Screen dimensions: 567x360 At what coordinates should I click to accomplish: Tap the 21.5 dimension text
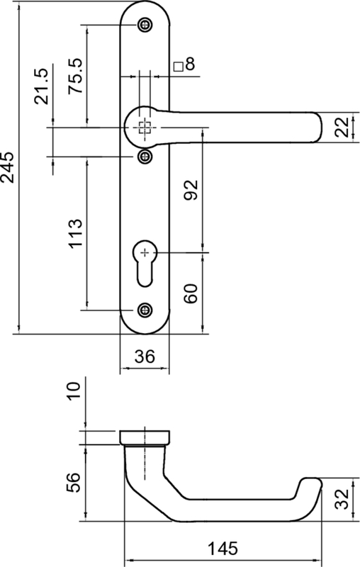coord(40,86)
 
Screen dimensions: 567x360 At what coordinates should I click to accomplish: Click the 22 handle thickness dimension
coord(342,128)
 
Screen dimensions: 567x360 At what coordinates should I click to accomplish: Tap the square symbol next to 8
coord(177,67)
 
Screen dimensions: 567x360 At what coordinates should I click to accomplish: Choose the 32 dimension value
coord(342,500)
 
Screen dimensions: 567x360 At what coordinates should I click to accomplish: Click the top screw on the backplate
coord(145,25)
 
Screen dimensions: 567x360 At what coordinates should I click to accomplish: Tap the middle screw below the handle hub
coord(145,155)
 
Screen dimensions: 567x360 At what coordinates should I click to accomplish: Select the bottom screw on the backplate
coord(145,309)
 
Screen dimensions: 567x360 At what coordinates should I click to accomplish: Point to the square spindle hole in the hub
coord(145,128)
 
